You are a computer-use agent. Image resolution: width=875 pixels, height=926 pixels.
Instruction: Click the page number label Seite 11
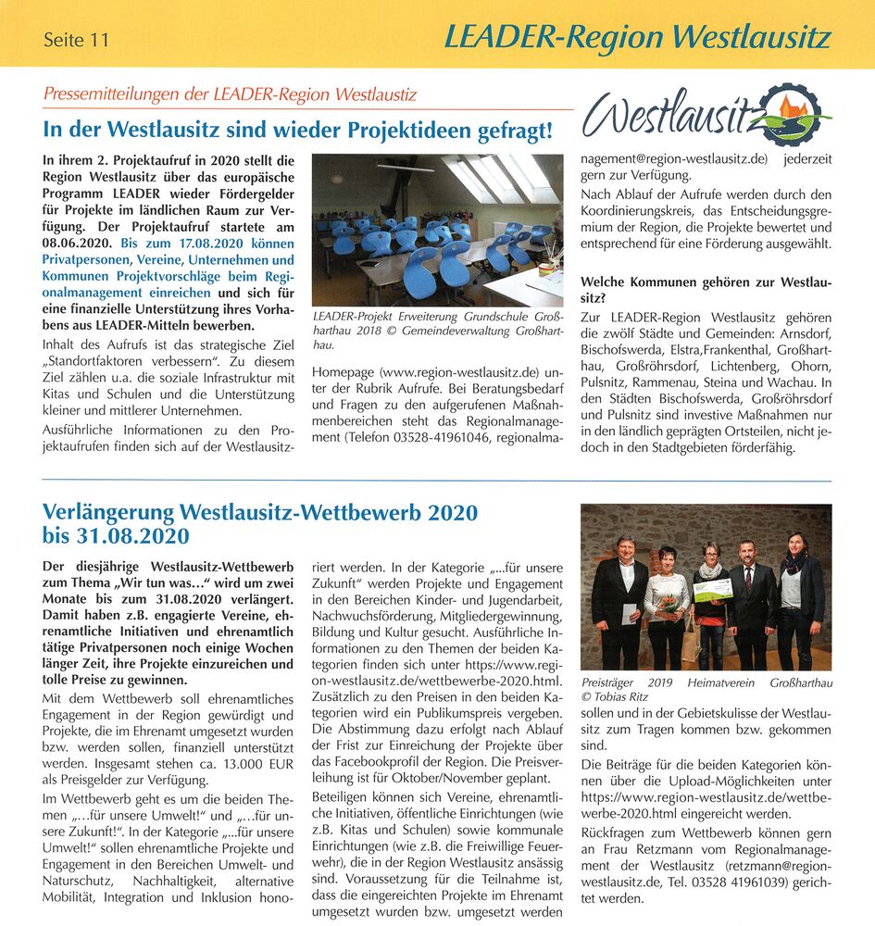coord(76,40)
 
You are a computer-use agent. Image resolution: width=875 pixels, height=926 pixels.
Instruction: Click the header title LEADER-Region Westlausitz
coord(637,37)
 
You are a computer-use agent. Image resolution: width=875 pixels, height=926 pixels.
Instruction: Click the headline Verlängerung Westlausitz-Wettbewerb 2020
coord(260,512)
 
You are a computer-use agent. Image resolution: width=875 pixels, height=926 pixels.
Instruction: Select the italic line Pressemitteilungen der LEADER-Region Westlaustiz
coord(230,94)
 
